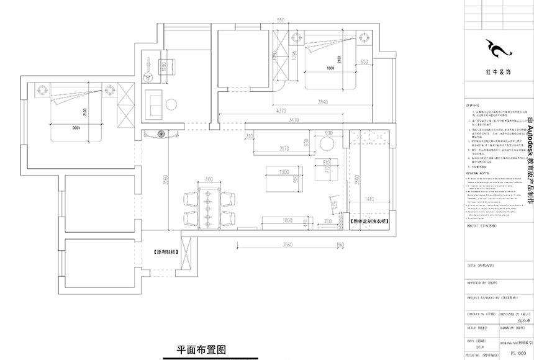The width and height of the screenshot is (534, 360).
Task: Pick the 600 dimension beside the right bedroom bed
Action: pyautogui.click(x=364, y=61)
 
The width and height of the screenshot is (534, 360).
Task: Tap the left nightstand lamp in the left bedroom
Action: pyautogui.click(x=42, y=90)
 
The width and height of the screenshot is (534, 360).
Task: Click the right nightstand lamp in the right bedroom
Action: pyautogui.click(x=362, y=40)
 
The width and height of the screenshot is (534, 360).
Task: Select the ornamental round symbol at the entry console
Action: pyautogui.click(x=161, y=133)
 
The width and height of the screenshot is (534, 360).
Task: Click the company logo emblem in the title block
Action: pyautogui.click(x=497, y=47)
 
